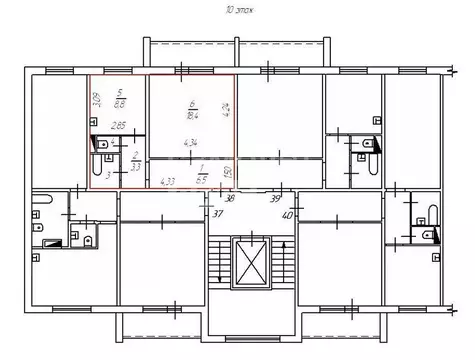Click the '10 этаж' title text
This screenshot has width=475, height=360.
click(x=237, y=8)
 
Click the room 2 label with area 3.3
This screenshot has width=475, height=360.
click(x=135, y=162)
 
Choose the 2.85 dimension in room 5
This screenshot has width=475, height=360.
click(x=118, y=125)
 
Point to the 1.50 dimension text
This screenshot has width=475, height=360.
click(x=227, y=172)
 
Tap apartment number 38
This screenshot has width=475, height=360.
click(x=228, y=198)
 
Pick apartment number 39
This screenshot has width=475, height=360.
click(x=276, y=199)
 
